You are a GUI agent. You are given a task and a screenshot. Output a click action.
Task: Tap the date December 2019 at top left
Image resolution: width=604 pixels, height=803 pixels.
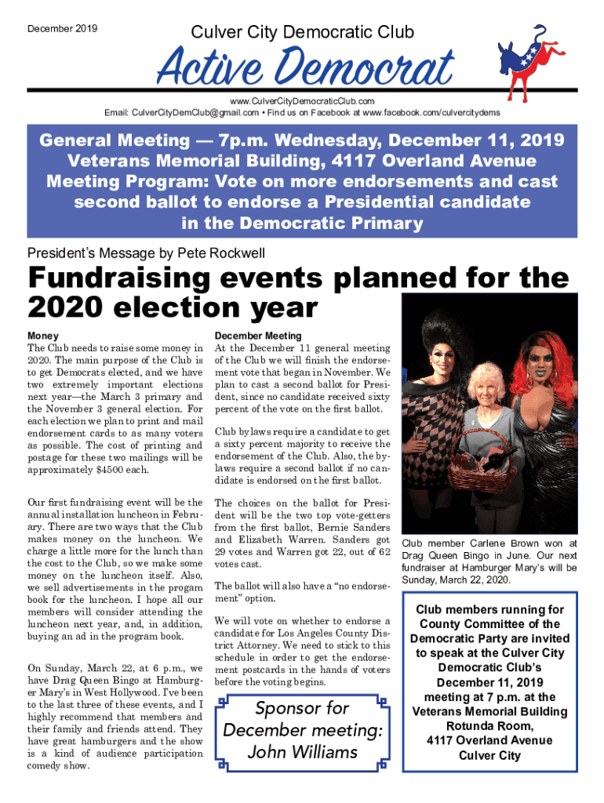tap(62, 29)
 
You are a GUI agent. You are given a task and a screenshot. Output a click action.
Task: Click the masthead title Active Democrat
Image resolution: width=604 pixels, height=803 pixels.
tap(305, 69)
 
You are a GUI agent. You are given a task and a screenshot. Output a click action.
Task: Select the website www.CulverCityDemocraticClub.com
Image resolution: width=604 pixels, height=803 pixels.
tap(302, 102)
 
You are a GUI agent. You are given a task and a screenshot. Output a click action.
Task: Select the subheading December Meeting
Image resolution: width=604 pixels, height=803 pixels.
tap(257, 336)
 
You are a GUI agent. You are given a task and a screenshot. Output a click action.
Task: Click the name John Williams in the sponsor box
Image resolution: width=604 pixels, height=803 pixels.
tap(302, 752)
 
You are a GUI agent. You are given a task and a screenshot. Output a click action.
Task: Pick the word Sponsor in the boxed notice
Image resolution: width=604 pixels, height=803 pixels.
tap(290, 709)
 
